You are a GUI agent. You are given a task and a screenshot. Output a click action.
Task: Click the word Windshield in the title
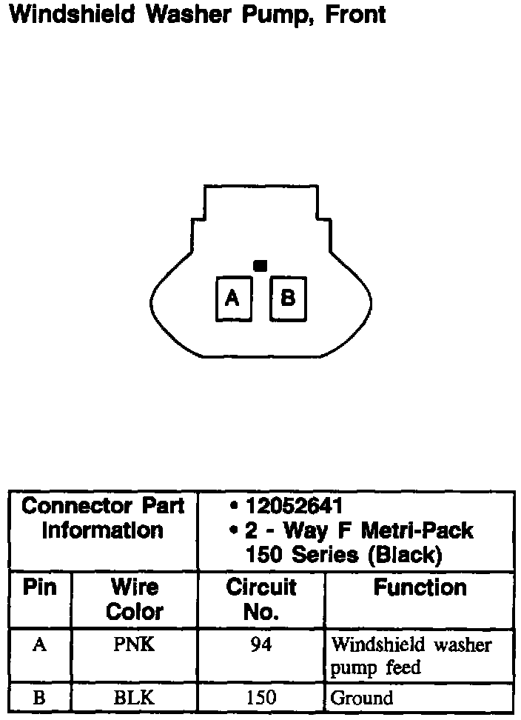71,14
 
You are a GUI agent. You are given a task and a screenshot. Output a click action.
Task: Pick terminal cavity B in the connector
288,299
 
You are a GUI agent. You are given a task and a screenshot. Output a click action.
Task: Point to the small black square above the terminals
260,265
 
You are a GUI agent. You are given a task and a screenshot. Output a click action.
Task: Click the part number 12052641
294,507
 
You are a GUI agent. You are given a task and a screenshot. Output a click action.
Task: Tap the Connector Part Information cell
103,519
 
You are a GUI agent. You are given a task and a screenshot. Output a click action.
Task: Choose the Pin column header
40,588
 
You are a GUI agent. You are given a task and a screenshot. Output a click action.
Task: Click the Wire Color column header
135,600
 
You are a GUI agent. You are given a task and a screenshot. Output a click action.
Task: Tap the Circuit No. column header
261,600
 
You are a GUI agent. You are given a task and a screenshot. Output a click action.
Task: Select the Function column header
420,588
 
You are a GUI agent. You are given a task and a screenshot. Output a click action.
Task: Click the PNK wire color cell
134,644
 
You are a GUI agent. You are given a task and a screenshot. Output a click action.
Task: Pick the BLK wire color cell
134,698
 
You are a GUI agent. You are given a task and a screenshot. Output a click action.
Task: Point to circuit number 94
261,644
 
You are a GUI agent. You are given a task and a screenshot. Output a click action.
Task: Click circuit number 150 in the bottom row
261,698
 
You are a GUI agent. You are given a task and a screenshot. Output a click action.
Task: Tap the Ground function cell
362,698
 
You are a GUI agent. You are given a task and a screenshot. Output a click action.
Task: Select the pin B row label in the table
40,698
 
